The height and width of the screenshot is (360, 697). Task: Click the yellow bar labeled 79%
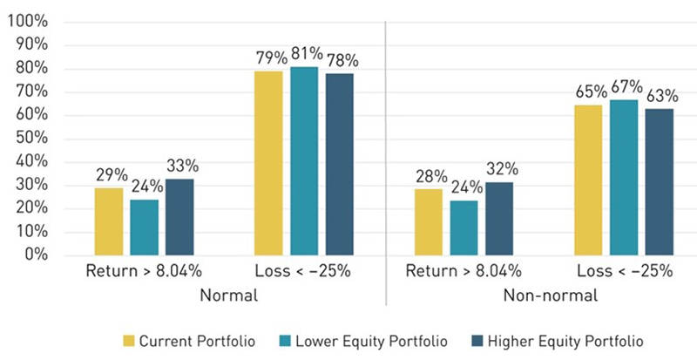pyautogui.click(x=267, y=163)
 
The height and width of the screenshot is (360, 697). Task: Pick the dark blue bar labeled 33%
pyautogui.click(x=179, y=217)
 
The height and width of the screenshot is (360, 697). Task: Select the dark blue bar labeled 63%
pyautogui.click(x=659, y=181)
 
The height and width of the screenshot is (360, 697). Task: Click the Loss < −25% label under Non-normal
pyautogui.click(x=624, y=270)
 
